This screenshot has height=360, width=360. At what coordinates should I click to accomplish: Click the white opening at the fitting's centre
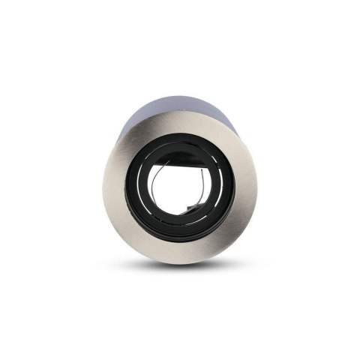pyautogui.click(x=180, y=196)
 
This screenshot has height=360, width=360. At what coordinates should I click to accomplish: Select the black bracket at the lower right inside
pyautogui.click(x=201, y=217)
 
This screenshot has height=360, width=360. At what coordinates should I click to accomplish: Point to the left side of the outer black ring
pyautogui.click(x=135, y=191)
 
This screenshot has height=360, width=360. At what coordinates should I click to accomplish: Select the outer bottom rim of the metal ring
pyautogui.click(x=180, y=257)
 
